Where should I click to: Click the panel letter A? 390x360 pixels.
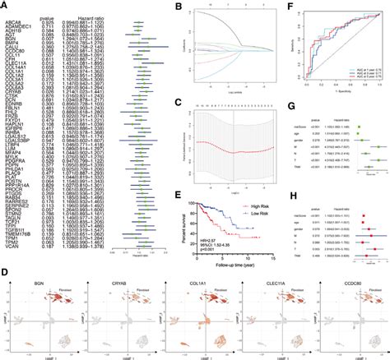click(x=4, y=5)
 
